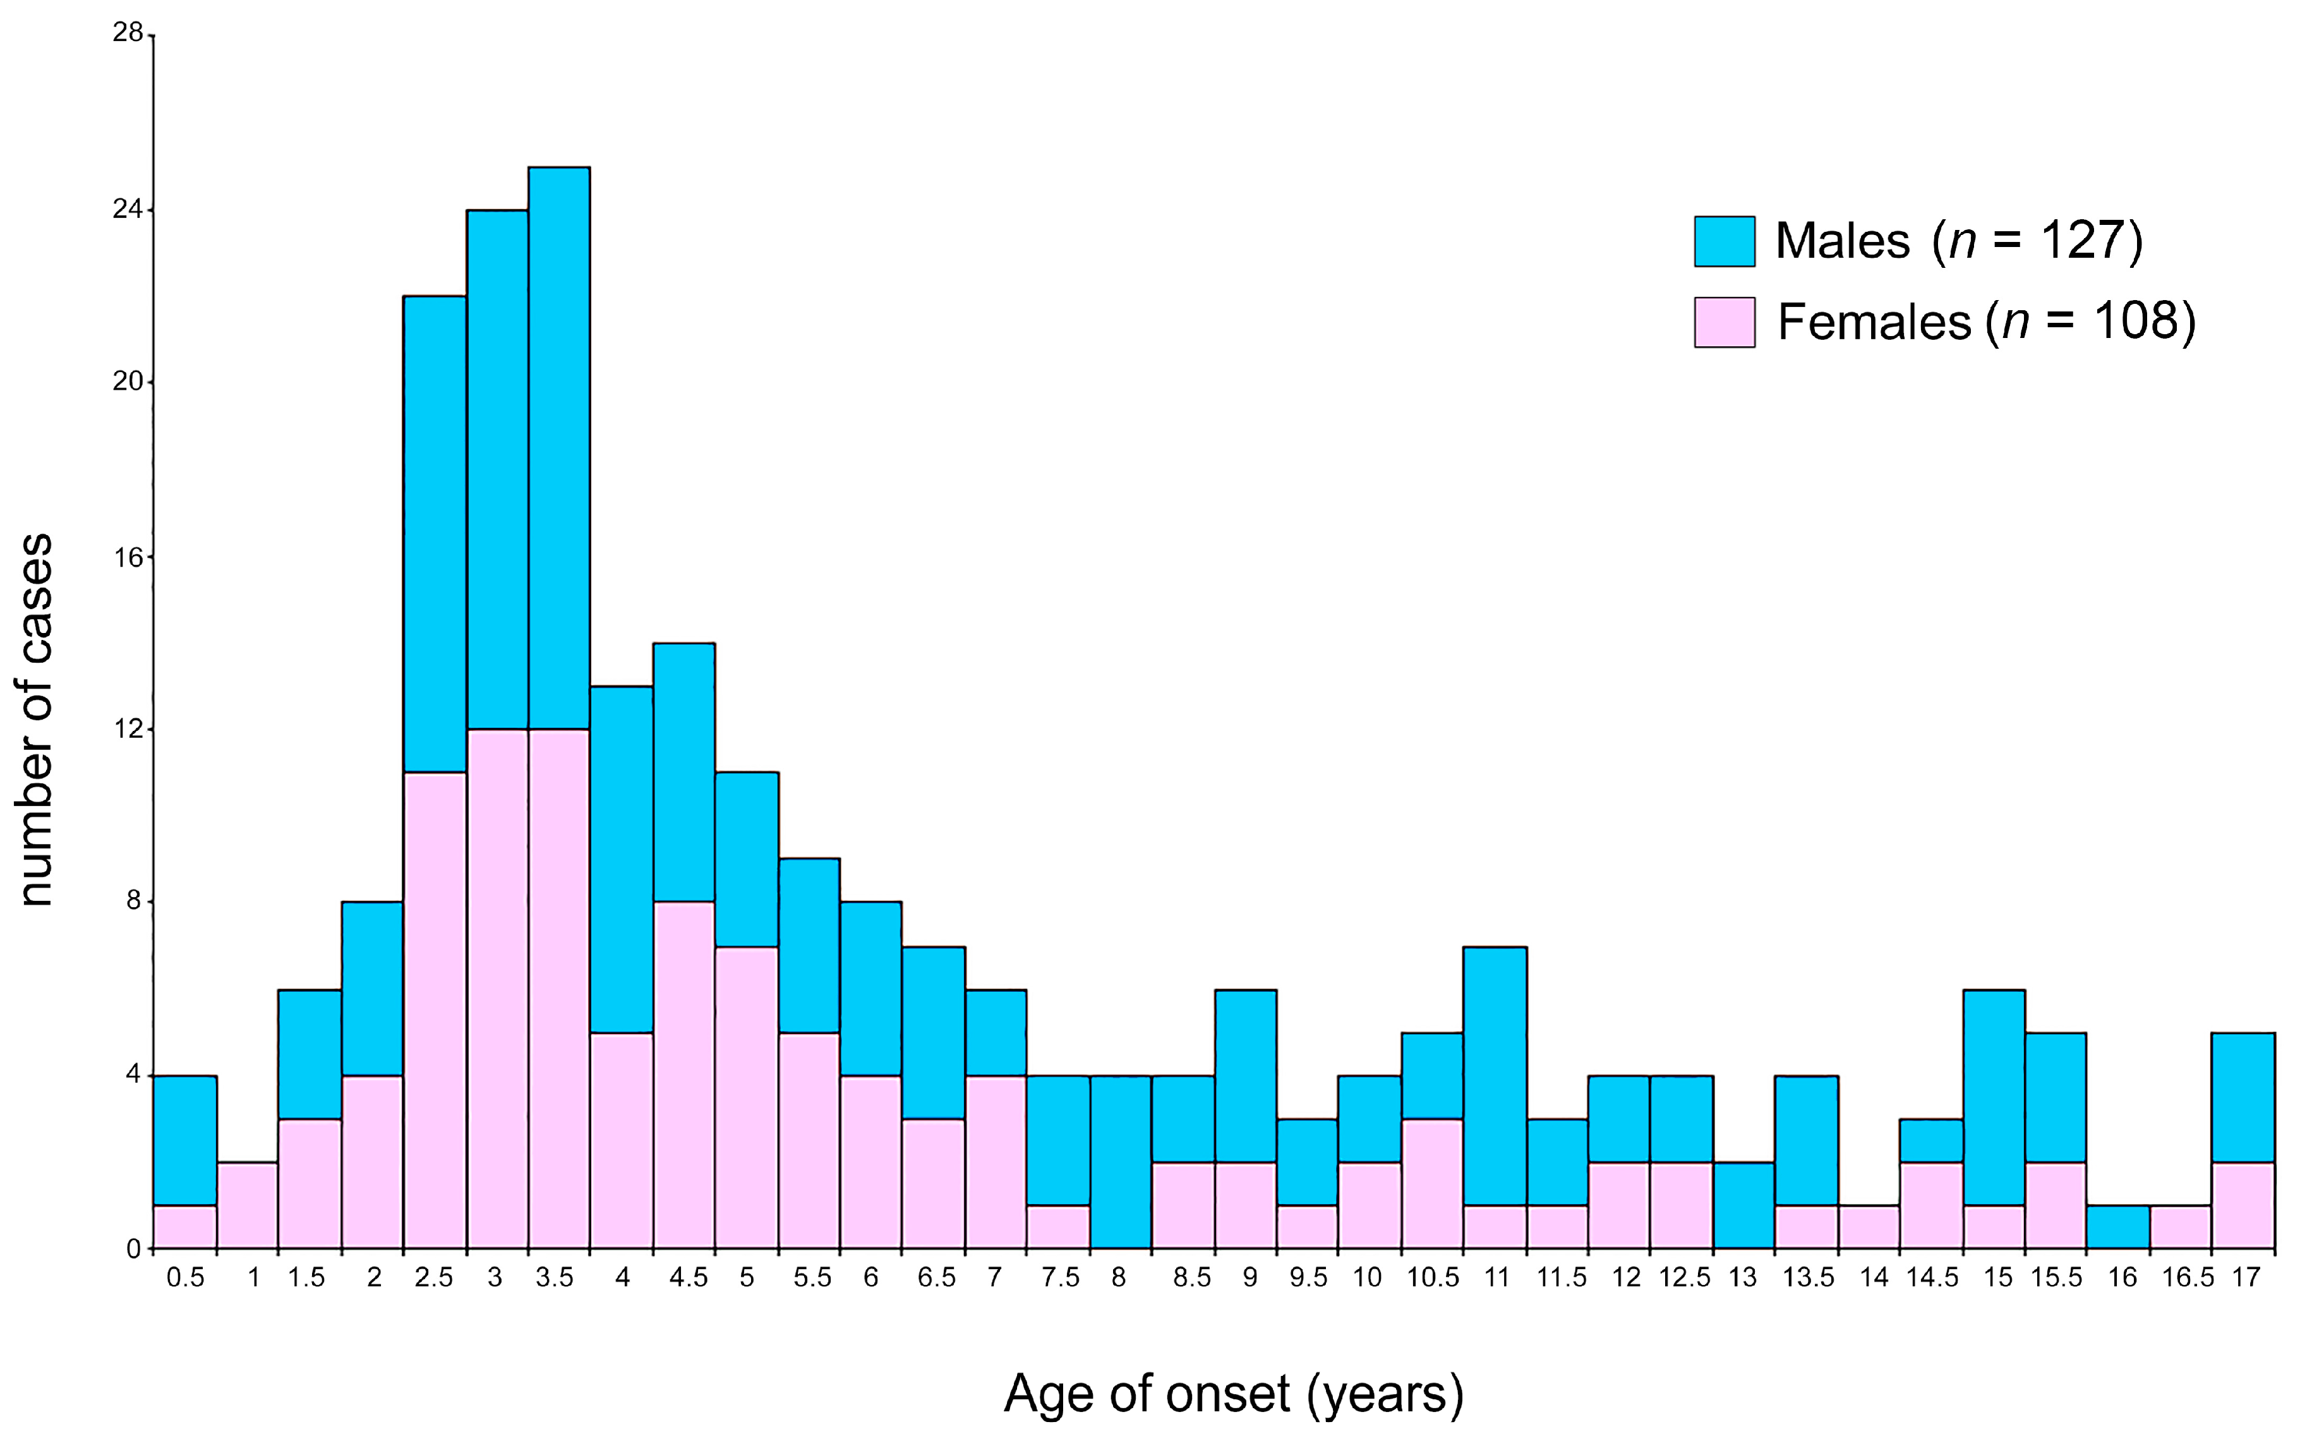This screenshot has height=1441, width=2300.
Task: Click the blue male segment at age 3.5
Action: click(559, 448)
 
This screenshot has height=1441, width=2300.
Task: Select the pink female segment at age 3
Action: click(497, 988)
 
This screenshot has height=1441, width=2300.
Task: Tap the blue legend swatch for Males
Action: click(1723, 241)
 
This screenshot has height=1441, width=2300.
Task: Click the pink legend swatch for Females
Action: click(1723, 322)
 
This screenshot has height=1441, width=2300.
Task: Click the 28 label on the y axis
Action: click(127, 33)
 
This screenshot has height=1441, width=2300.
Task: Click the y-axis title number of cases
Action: click(35, 720)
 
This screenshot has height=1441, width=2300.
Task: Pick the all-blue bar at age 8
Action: click(1121, 1162)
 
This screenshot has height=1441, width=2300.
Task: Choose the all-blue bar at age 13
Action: click(1743, 1205)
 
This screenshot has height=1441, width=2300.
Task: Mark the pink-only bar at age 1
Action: click(248, 1205)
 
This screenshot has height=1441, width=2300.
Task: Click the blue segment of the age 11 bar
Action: click(1495, 1076)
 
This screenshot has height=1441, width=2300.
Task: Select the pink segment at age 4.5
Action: click(684, 1074)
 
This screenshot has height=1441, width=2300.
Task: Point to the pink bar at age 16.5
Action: click(2180, 1227)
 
